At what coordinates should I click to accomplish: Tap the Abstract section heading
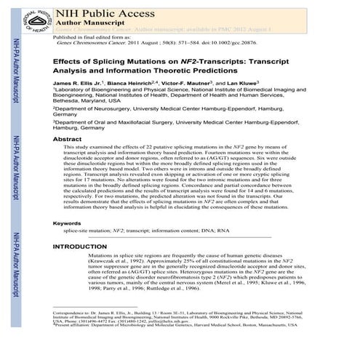[67, 138]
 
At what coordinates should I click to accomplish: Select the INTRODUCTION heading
[82, 247]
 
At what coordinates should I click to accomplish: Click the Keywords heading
[68, 223]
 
